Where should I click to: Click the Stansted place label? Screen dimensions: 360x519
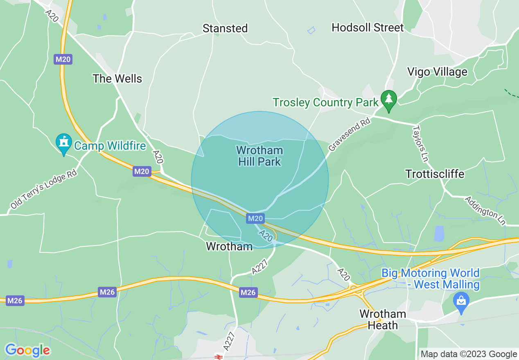click(x=225, y=28)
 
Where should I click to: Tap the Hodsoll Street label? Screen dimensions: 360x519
click(x=368, y=27)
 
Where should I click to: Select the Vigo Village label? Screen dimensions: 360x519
click(x=437, y=72)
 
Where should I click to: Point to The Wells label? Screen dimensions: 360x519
click(x=117, y=79)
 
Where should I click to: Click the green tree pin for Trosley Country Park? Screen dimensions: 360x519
click(x=388, y=99)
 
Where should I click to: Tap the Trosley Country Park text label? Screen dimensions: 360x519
click(x=325, y=102)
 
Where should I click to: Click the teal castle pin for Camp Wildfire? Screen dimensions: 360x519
click(x=63, y=143)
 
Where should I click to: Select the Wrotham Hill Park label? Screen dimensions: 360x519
click(x=259, y=156)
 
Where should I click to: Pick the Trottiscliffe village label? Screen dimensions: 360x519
click(x=435, y=174)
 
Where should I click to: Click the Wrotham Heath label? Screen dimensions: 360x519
click(x=383, y=319)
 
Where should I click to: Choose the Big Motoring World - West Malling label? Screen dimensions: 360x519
click(x=430, y=279)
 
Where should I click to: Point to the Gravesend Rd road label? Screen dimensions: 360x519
click(x=350, y=135)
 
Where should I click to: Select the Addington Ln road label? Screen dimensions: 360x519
click(x=485, y=211)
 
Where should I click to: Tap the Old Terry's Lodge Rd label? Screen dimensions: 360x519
click(x=43, y=189)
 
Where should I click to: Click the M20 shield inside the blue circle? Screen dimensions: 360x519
click(x=255, y=219)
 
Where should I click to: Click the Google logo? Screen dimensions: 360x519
click(x=27, y=350)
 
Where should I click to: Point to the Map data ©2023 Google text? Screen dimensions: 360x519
click(x=469, y=354)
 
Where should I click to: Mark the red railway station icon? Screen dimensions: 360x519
click(x=218, y=357)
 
